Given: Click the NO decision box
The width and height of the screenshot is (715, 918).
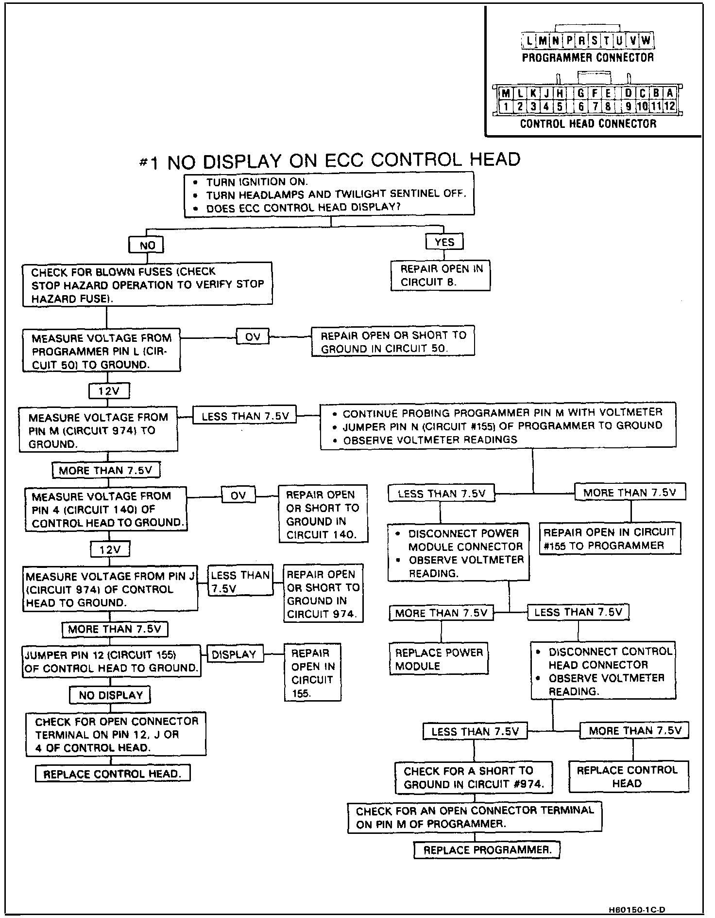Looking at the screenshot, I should click(146, 245).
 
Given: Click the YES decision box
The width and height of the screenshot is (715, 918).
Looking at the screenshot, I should click(444, 242).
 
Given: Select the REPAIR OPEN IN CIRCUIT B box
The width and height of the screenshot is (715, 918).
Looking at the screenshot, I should click(441, 276).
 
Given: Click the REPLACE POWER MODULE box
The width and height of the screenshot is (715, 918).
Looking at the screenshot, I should click(439, 659).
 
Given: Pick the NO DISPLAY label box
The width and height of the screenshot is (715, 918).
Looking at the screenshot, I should click(110, 695).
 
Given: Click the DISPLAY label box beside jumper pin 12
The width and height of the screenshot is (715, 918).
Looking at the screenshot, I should click(234, 654).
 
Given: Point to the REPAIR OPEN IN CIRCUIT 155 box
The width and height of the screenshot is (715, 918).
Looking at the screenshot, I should click(312, 673).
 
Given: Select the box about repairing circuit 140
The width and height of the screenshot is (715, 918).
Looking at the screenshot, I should click(323, 514).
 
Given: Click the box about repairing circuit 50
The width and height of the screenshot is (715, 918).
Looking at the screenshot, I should click(392, 342).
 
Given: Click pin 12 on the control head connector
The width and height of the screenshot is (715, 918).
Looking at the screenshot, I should click(669, 106).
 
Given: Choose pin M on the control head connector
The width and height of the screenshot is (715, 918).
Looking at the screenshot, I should click(506, 93).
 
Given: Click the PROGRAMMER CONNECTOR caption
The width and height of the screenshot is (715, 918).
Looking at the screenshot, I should click(588, 58).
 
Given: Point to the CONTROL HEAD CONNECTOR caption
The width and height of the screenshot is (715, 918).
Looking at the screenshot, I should click(588, 124).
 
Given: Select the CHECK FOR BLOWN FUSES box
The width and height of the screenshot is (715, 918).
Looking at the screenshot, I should click(147, 284).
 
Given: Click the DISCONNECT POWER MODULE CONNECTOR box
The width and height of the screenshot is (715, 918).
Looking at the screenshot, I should click(459, 553).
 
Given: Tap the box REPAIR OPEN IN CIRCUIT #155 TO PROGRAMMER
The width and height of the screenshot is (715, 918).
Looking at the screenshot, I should click(610, 539).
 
